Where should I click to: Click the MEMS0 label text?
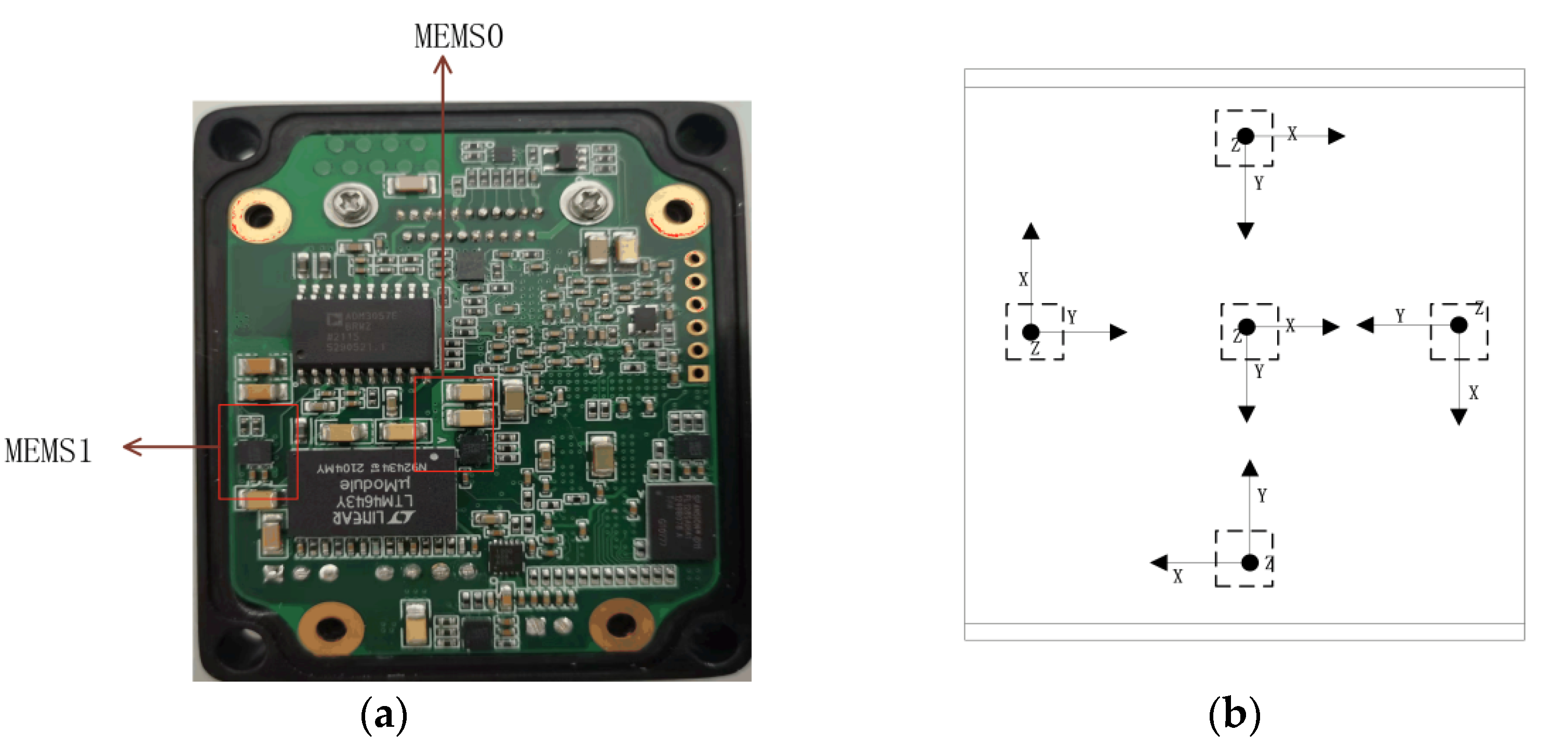pos(458,36)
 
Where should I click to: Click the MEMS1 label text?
pos(48,451)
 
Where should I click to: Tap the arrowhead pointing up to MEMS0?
pos(443,64)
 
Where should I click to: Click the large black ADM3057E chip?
pos(363,331)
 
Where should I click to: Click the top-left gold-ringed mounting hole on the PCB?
pos(260,214)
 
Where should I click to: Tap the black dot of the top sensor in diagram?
pos(1246,136)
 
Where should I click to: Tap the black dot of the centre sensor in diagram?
pos(1247,327)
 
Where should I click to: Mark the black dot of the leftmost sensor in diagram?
pos(1031,331)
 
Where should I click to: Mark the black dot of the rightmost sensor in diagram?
pos(1459,325)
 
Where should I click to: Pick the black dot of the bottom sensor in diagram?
pos(1250,562)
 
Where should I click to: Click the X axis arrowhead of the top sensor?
pos(1336,136)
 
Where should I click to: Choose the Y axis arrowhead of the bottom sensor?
pos(1250,469)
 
